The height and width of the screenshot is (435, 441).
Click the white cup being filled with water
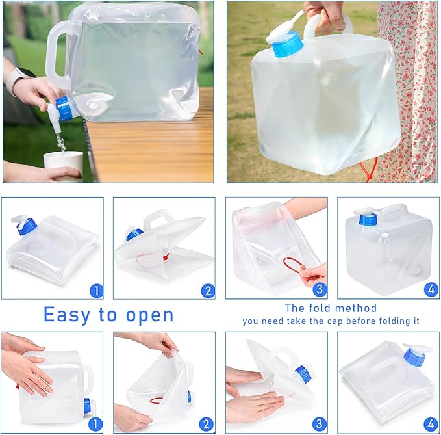point(63,165)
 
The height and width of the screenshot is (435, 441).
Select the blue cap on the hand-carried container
point(286,44)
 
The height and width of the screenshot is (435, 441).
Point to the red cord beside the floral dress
point(370,171)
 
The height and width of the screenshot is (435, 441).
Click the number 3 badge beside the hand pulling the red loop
point(319,289)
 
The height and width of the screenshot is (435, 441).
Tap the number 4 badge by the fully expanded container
point(431,289)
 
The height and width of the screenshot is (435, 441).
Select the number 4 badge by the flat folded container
point(431,424)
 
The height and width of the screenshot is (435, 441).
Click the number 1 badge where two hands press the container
point(95,424)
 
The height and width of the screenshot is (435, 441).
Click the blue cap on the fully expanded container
point(368,218)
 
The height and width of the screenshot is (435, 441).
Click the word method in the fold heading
point(360,308)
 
